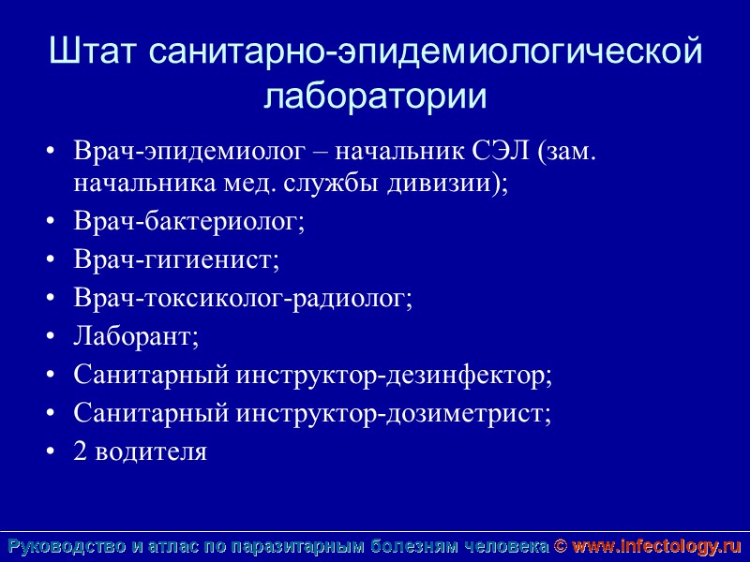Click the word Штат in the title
click(94, 52)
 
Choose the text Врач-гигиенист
click(176, 259)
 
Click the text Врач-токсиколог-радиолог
click(243, 298)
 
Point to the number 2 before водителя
click(80, 451)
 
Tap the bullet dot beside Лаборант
click(50, 337)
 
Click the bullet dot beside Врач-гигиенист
click(50, 260)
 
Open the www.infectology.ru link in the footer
click(656, 546)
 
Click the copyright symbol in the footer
click(560, 546)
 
